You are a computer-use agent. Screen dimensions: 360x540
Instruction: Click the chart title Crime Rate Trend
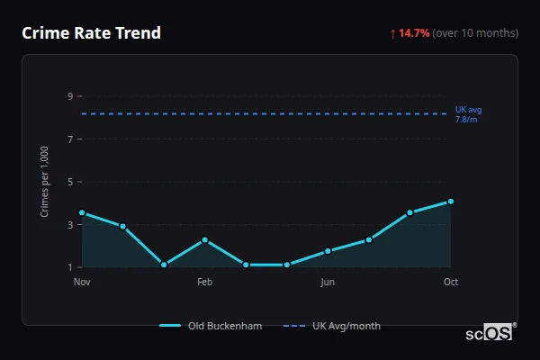click(92, 33)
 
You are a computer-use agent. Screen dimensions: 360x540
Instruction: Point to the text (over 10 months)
click(475, 33)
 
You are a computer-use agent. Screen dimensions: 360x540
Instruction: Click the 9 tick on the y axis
click(70, 96)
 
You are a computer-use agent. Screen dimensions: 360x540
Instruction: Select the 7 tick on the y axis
click(70, 139)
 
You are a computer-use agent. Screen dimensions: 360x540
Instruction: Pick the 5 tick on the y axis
click(70, 182)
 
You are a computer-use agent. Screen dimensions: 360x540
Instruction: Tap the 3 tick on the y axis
click(70, 225)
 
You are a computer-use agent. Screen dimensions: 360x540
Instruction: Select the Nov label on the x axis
click(82, 282)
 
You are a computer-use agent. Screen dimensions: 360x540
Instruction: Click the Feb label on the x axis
click(204, 282)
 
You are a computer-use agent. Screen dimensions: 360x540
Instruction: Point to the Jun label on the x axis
click(328, 282)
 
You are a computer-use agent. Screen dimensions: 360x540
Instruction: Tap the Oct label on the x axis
click(451, 282)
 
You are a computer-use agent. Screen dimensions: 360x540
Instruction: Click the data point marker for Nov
click(82, 213)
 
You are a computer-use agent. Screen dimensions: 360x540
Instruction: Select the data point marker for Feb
click(205, 239)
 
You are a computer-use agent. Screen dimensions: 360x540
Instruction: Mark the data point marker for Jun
click(328, 251)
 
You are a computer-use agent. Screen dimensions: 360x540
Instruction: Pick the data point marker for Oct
click(451, 202)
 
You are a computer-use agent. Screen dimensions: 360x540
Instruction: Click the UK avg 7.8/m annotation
click(468, 114)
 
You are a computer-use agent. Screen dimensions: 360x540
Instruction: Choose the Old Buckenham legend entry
click(211, 326)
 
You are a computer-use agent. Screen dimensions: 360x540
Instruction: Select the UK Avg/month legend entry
click(333, 326)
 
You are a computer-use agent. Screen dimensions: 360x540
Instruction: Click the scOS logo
click(490, 333)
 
